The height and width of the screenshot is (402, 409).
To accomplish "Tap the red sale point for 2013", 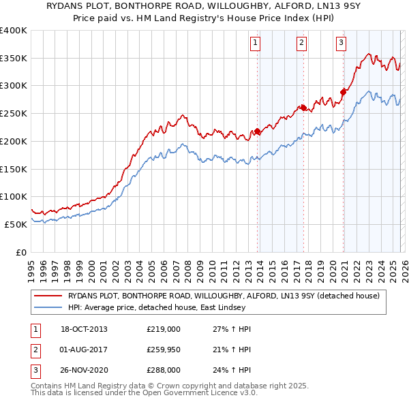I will [x=257, y=132].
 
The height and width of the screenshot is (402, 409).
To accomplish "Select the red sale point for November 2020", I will [x=343, y=91].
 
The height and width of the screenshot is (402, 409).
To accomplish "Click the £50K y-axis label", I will [x=16, y=224].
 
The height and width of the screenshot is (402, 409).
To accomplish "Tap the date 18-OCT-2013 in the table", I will [x=84, y=329].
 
